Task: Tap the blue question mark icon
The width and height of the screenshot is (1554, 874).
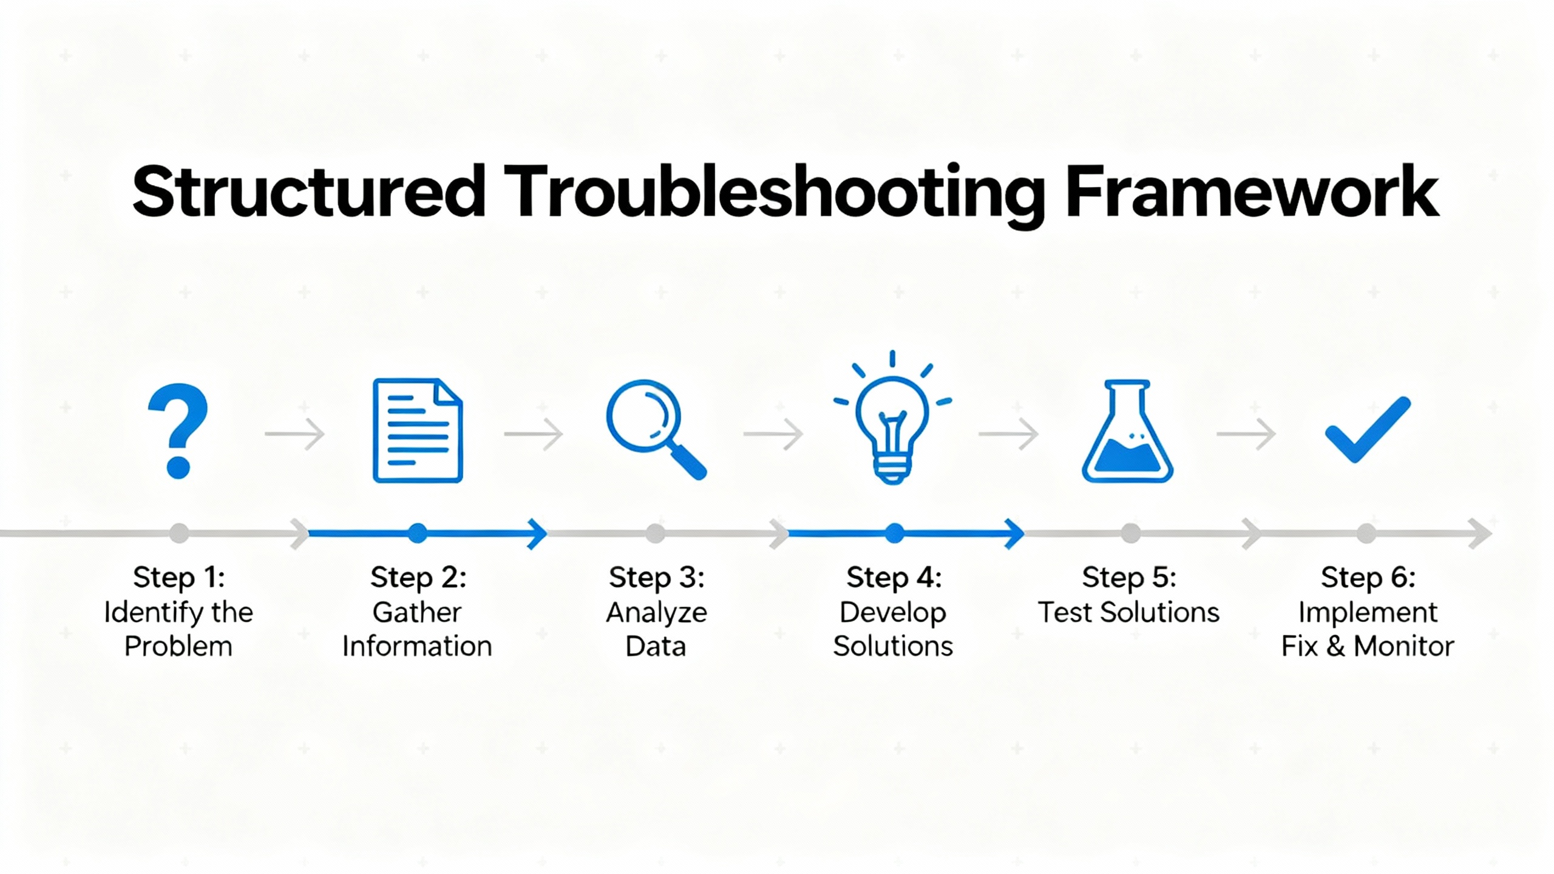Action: [178, 431]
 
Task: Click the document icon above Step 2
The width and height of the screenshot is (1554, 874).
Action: [418, 430]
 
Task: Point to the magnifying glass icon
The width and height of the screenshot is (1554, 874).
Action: [656, 429]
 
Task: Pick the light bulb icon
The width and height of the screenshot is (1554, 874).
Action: [892, 418]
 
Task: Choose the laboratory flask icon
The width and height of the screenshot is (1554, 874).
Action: [1127, 431]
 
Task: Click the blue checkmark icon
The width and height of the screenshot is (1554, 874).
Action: [1368, 430]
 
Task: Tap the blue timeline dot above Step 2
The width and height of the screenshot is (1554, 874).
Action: [418, 534]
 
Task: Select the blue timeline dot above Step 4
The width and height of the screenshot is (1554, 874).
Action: [894, 534]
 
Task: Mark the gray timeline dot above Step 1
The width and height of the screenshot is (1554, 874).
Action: [179, 534]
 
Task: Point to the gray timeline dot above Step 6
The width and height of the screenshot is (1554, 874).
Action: [1366, 534]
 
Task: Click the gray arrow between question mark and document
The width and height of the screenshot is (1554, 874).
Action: [295, 434]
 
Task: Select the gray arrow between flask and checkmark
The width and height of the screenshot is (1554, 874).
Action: [1246, 434]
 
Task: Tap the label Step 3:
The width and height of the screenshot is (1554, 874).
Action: [657, 577]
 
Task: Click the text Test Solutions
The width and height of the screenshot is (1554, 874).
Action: [1128, 612]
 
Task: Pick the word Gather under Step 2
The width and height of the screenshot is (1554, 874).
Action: [417, 612]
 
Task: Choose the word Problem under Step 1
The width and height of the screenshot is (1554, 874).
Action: [178, 646]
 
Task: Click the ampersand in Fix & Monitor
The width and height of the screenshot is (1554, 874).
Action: [1335, 646]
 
